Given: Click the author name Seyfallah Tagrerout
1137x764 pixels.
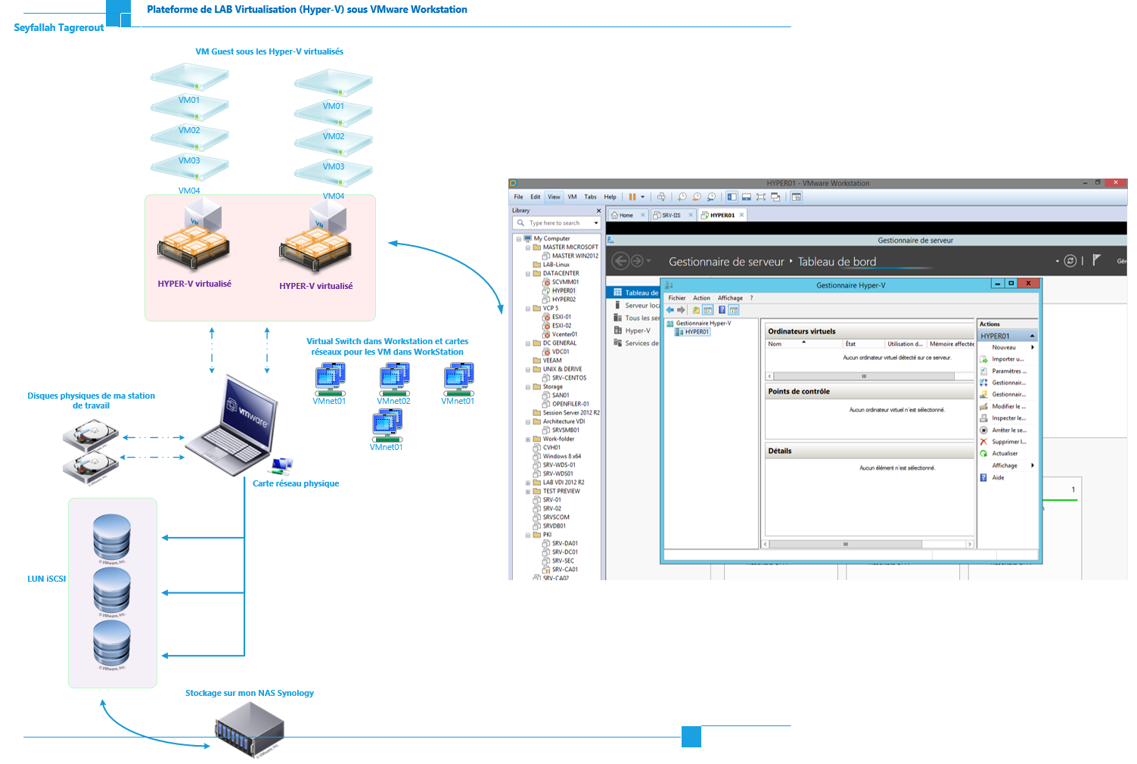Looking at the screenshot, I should point(59,28).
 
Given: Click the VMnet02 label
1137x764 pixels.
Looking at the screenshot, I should point(393,401).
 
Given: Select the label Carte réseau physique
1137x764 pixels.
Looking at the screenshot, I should point(296,483).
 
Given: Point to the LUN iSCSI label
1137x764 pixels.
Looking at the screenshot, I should point(47,579).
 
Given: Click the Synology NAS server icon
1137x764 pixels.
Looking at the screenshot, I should point(250,731).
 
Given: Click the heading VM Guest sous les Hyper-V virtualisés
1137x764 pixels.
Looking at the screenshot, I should point(269,51).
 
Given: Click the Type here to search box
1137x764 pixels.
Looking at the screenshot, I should point(556,223).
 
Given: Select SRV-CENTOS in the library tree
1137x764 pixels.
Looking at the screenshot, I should point(569,377).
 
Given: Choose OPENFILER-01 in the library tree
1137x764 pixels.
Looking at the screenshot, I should point(570,404).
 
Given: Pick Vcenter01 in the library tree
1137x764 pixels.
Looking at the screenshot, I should point(564,334).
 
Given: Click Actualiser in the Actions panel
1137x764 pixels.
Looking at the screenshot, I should point(1005,454).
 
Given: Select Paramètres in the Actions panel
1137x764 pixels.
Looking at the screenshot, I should point(1009,371).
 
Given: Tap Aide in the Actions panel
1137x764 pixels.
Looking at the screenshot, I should point(998,477).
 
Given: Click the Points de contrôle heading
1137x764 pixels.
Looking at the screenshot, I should point(799,392).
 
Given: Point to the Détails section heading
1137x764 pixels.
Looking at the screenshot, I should point(780,451).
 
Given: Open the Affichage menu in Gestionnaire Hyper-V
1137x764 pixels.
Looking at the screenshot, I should point(730,298).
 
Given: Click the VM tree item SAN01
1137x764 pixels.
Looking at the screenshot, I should point(561,395).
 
